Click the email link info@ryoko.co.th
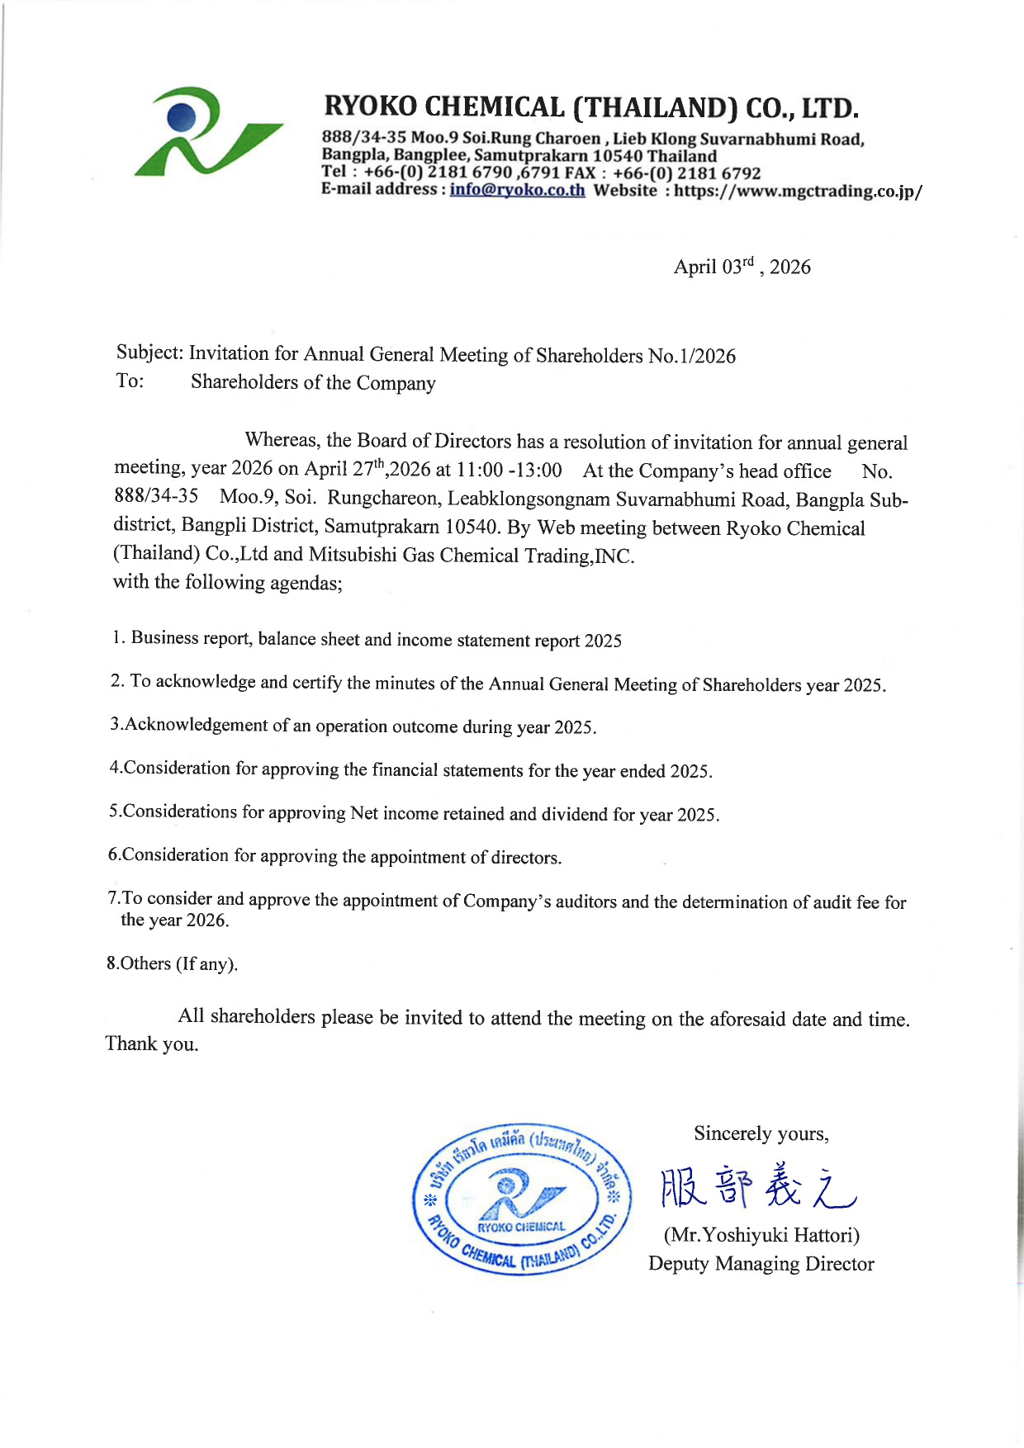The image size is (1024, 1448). point(517,190)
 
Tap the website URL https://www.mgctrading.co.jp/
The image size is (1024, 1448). point(798,191)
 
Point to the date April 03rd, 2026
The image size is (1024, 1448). point(742,267)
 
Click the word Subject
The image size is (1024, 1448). point(149,353)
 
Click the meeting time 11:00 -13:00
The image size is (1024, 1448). point(509,470)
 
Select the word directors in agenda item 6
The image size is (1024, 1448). point(525,858)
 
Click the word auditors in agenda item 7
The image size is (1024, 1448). point(585,901)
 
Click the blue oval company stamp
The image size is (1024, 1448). point(521,1199)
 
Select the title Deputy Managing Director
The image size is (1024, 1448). point(761,1263)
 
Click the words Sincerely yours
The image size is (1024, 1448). point(761,1133)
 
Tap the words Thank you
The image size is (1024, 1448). point(152,1043)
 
